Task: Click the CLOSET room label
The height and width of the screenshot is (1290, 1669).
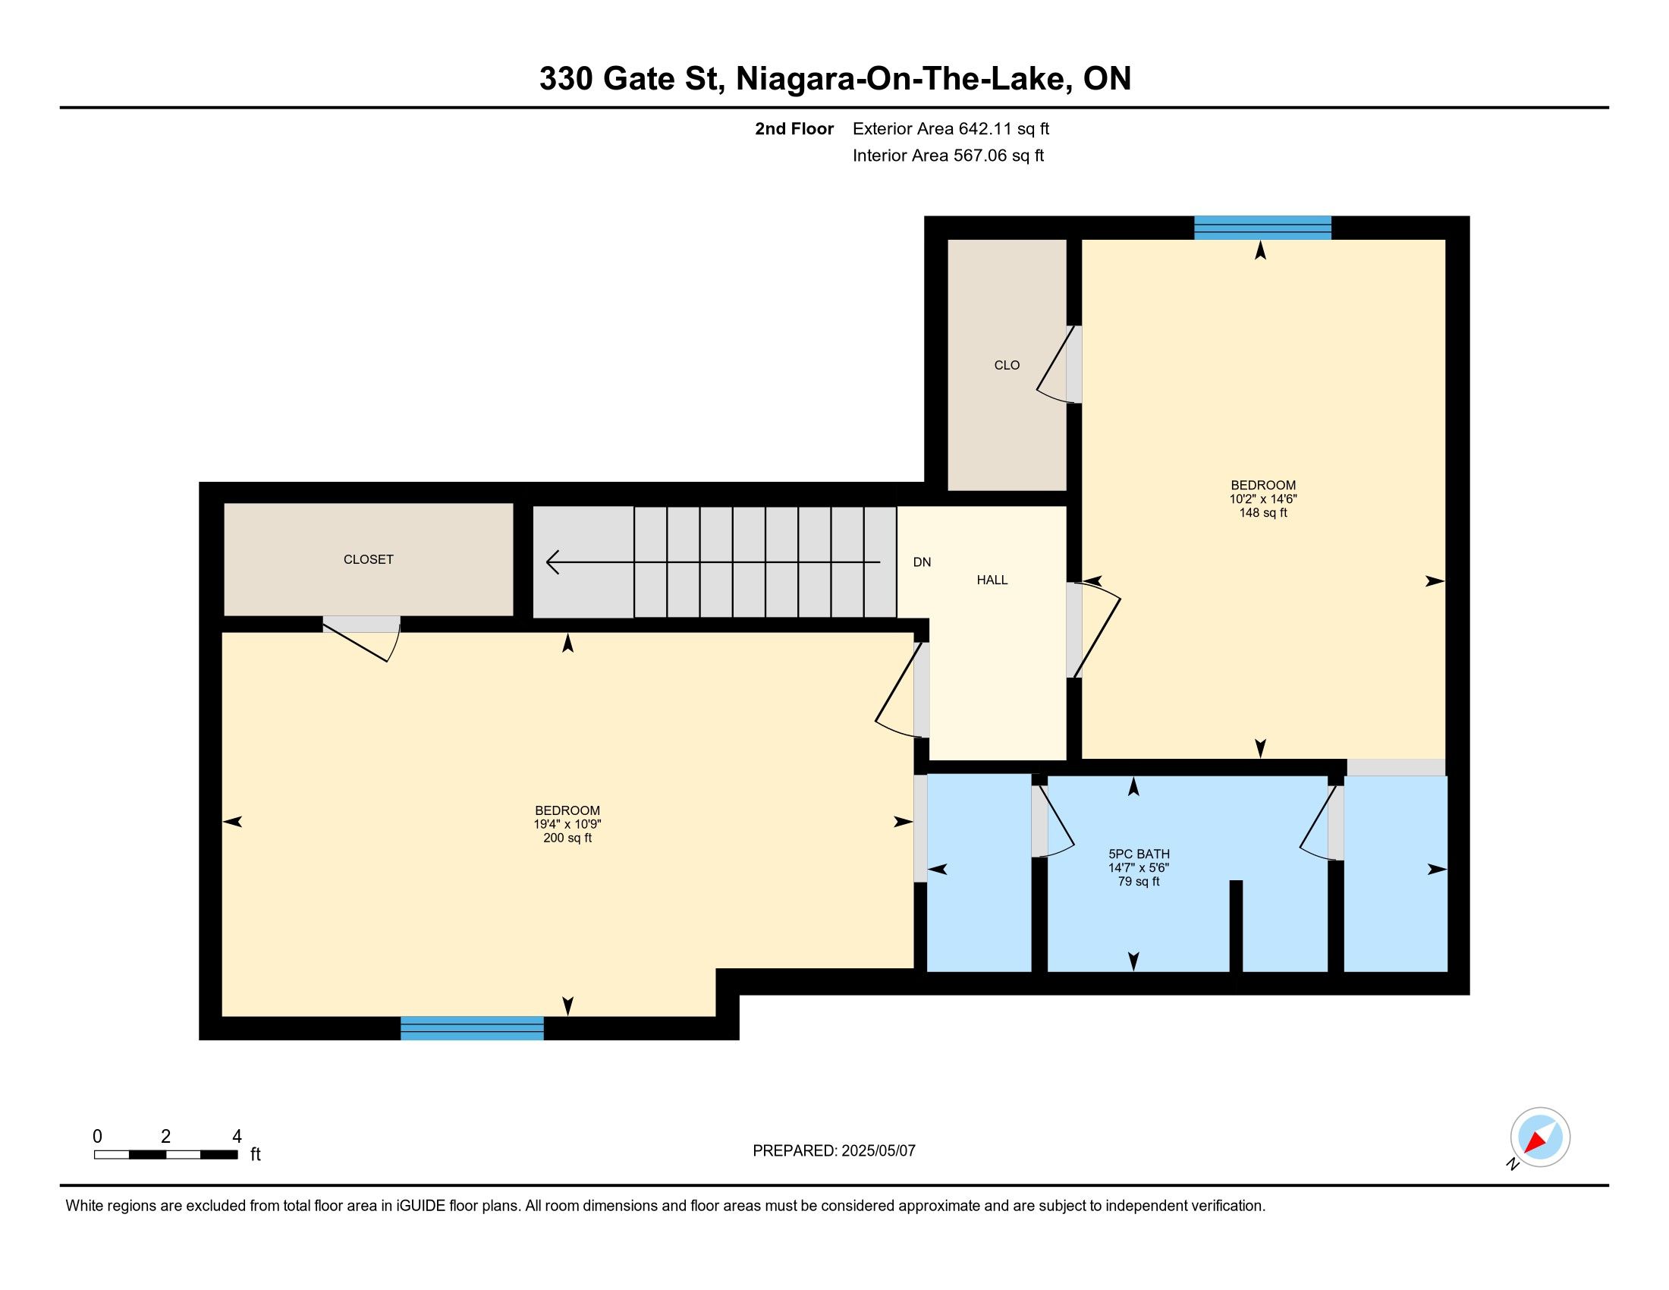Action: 369,559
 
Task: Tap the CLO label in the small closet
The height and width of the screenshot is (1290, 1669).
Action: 1007,365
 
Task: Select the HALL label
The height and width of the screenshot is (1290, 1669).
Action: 992,580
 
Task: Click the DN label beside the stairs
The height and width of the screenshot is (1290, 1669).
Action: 922,562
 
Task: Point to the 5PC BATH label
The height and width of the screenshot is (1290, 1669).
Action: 1139,854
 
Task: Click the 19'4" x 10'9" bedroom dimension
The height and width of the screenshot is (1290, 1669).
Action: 567,825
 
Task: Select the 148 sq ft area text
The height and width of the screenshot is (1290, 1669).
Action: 1262,513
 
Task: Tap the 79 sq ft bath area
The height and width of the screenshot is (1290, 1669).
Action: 1139,882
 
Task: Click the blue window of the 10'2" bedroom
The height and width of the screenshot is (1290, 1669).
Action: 1262,228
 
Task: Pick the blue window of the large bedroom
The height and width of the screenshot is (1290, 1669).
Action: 473,1028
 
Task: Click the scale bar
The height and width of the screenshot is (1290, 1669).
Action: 166,1155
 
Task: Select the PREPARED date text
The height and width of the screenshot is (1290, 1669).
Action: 834,1151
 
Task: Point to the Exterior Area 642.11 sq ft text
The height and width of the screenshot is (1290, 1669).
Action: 951,129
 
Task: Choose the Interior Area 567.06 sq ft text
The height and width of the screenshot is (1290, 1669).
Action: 948,156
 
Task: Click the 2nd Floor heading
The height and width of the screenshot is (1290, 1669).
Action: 794,129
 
